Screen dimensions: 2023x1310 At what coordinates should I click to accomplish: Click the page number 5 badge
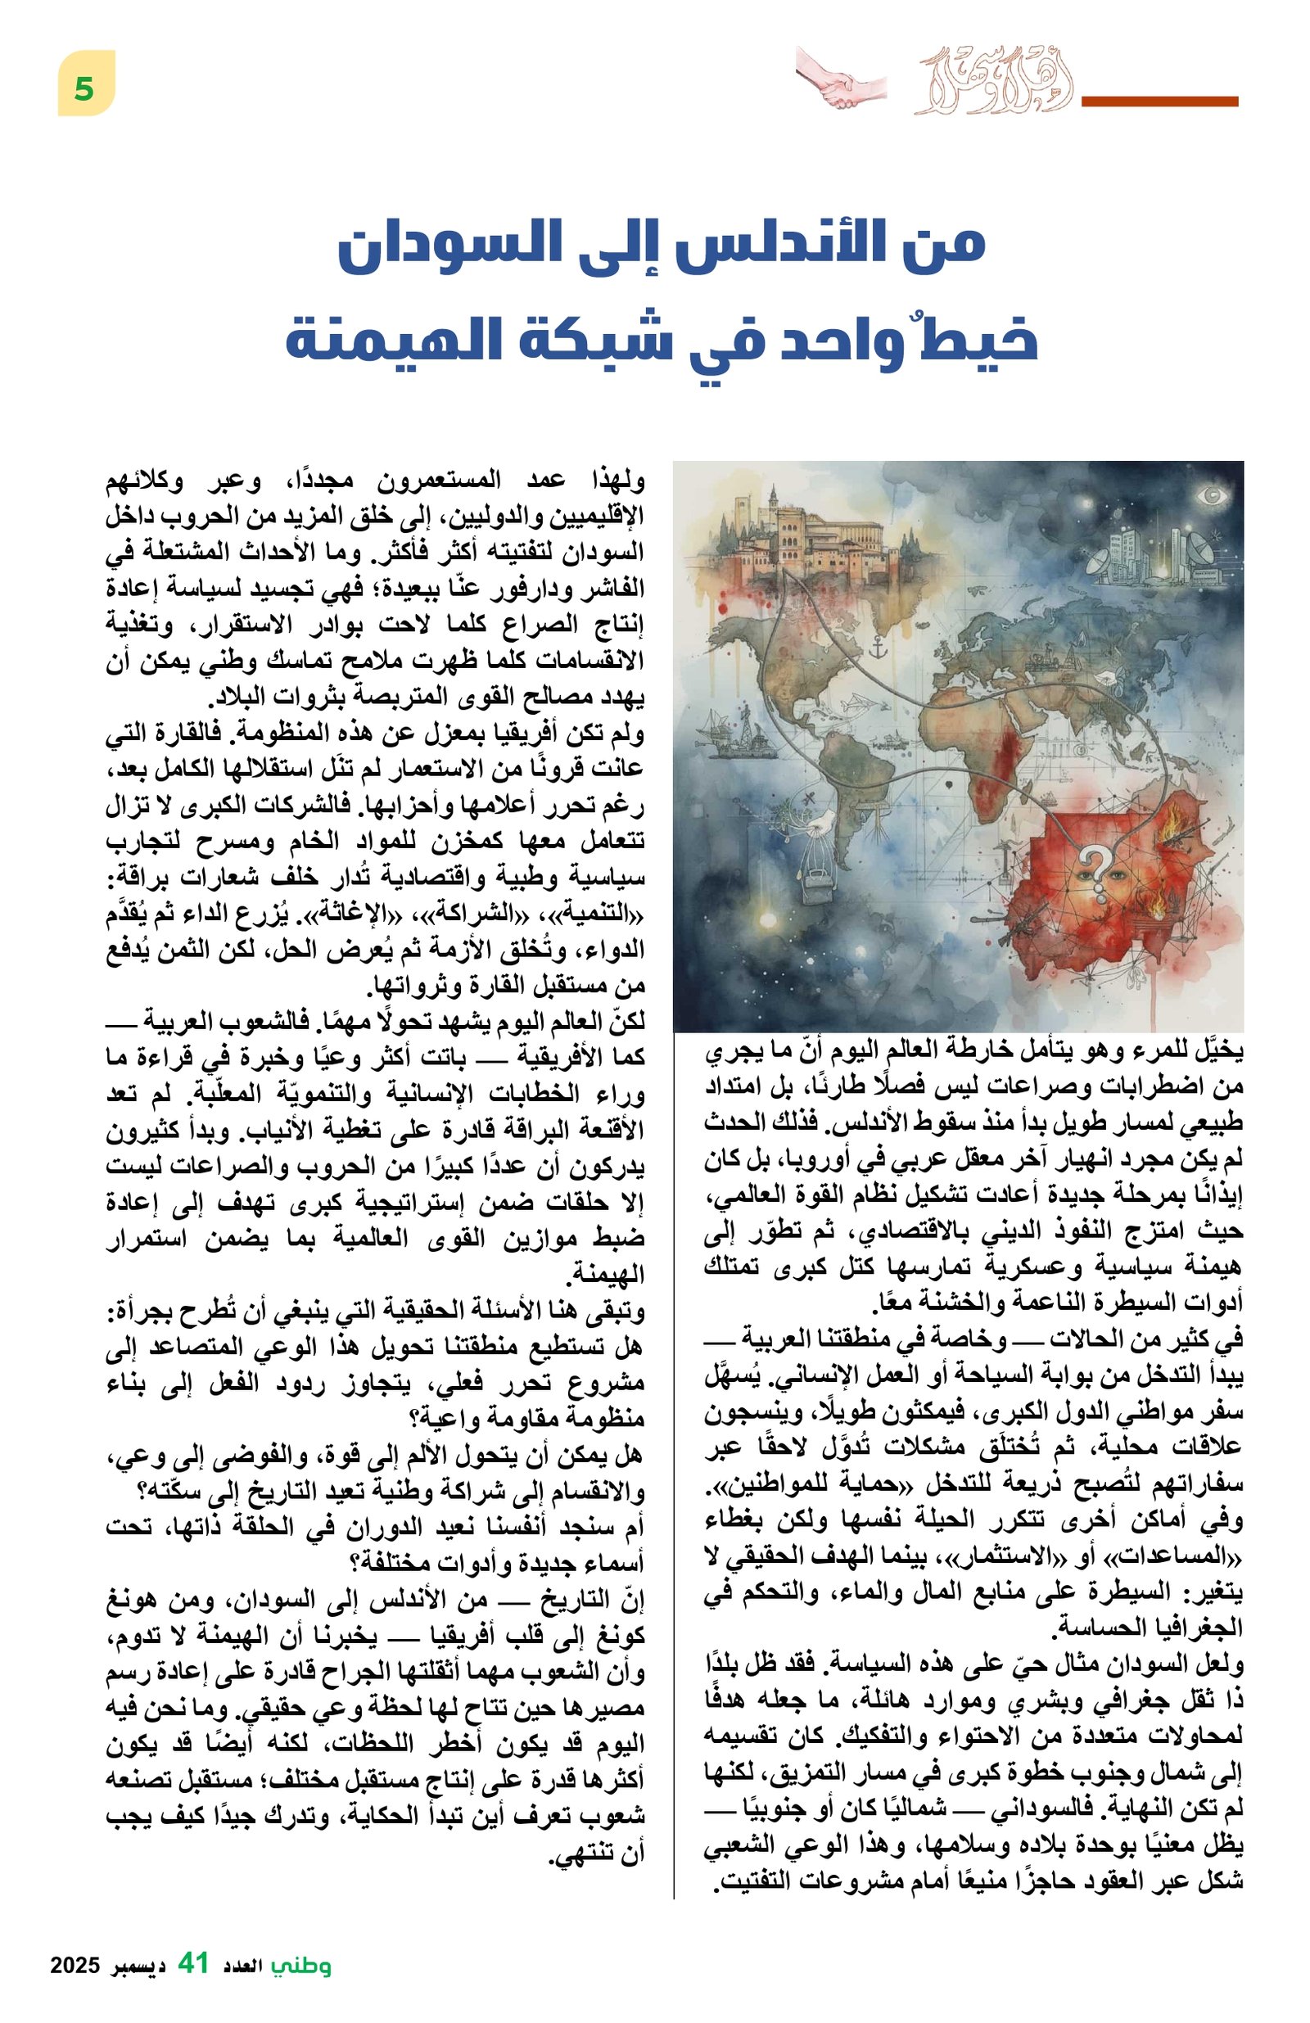(x=85, y=84)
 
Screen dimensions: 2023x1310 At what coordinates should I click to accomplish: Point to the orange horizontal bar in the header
(x=1158, y=102)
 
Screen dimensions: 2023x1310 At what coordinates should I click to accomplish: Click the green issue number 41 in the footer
(x=193, y=1963)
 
